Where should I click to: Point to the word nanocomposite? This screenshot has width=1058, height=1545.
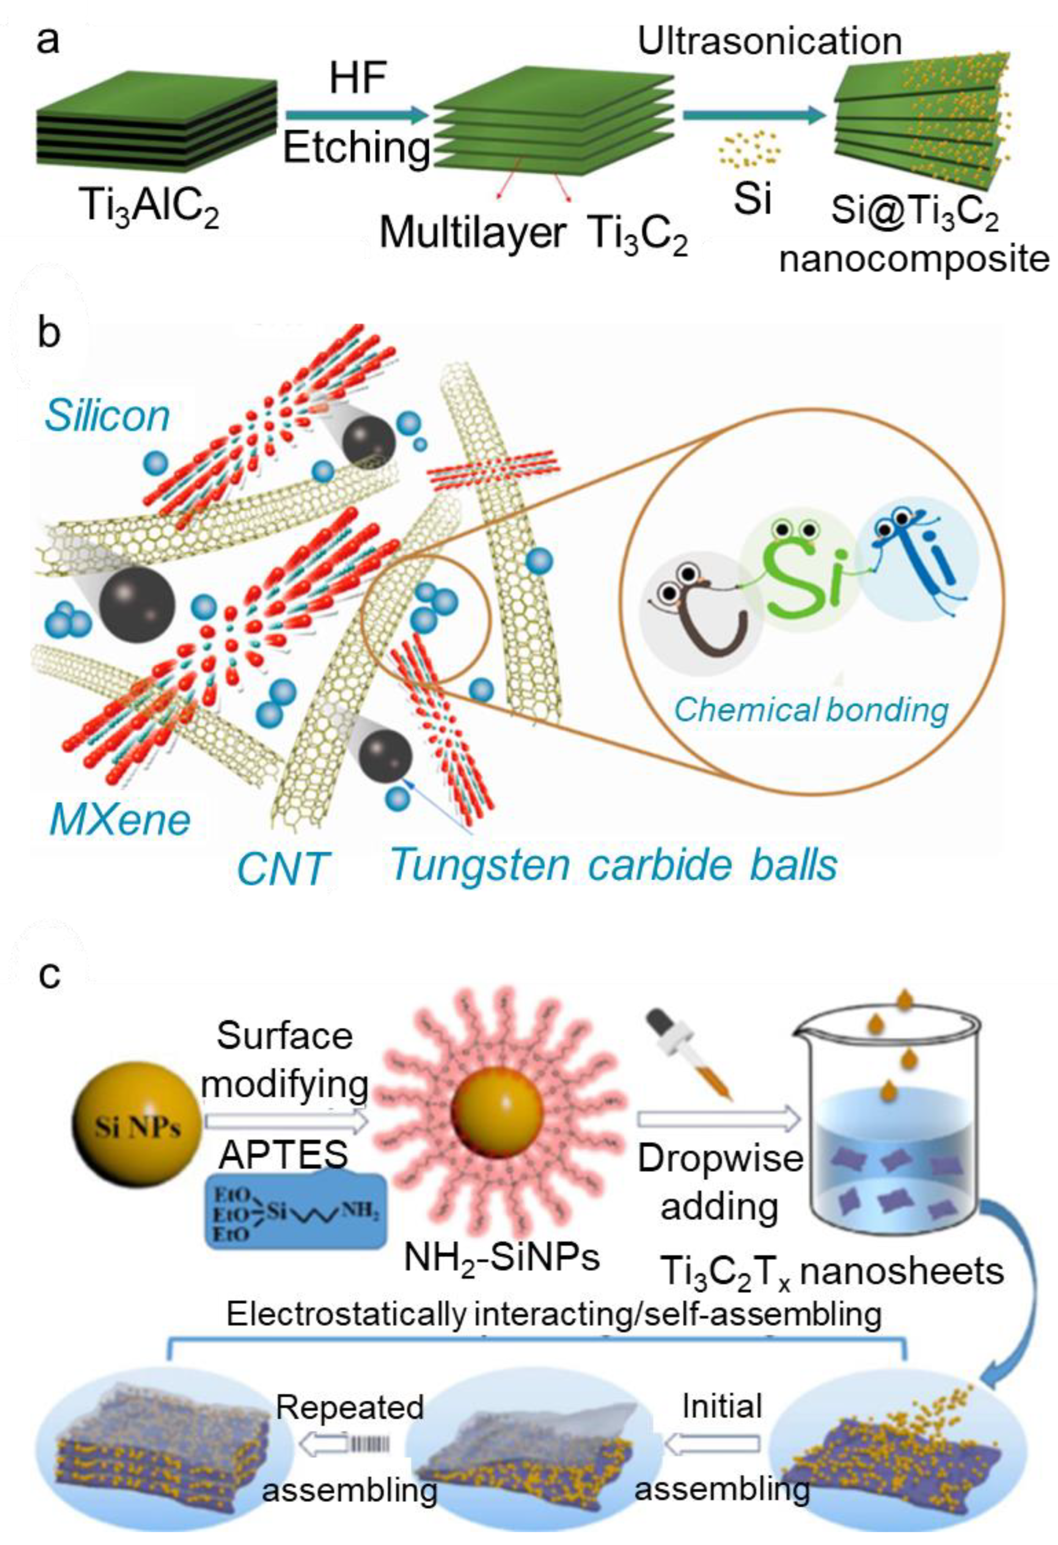click(x=914, y=259)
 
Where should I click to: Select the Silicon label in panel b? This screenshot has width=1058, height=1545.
click(x=106, y=417)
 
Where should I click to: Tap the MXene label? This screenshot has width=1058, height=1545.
click(x=120, y=819)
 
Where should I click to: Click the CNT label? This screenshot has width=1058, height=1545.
click(x=283, y=868)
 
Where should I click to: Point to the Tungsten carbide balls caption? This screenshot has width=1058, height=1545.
click(x=613, y=864)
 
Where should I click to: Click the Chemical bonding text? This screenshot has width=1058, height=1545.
click(x=811, y=709)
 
